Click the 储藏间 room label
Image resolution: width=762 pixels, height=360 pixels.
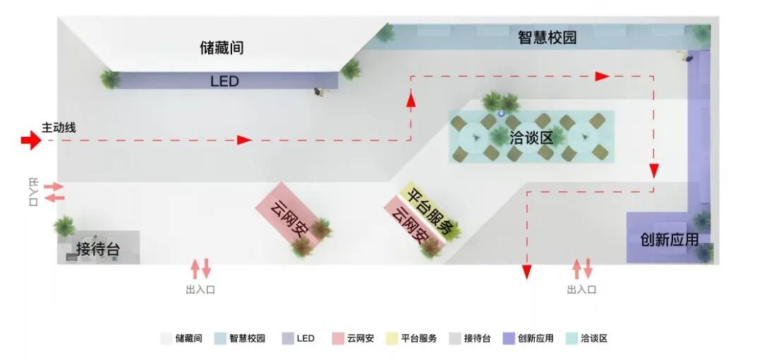point(222,48)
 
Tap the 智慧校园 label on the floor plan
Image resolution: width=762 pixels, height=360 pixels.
point(547,37)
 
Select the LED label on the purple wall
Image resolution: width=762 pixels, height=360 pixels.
point(224,81)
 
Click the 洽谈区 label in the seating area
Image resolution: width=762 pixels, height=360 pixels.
point(531,138)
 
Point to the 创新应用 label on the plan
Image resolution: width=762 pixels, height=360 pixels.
point(669,240)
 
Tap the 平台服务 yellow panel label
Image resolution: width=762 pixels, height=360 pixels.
point(429,210)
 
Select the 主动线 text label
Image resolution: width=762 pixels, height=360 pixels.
point(59,128)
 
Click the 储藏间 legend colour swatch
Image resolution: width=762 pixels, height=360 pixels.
point(166,339)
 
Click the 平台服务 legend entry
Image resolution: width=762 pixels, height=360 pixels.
point(419,339)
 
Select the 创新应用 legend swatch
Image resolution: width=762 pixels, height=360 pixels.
point(509,339)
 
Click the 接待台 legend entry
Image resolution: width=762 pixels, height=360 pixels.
point(478,339)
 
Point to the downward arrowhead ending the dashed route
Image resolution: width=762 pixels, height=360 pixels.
point(526,271)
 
